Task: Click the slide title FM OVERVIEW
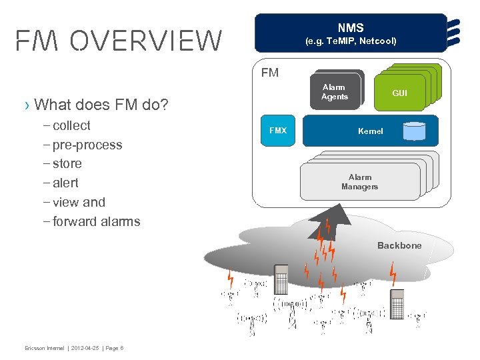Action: (x=119, y=41)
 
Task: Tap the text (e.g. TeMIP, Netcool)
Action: (x=351, y=41)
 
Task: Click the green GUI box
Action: (x=399, y=93)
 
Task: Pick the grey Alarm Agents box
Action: (x=334, y=93)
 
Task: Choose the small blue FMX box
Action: (x=277, y=131)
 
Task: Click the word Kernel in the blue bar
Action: (x=370, y=131)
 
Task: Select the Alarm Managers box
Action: (x=359, y=182)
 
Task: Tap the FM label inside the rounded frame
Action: (x=270, y=73)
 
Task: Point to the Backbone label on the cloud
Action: (x=399, y=245)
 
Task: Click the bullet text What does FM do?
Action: (x=101, y=105)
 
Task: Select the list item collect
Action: (x=71, y=126)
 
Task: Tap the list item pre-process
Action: (x=87, y=145)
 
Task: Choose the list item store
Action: (x=67, y=164)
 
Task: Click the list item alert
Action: (x=65, y=183)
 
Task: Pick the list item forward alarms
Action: (x=96, y=221)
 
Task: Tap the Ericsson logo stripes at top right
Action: (x=455, y=33)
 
